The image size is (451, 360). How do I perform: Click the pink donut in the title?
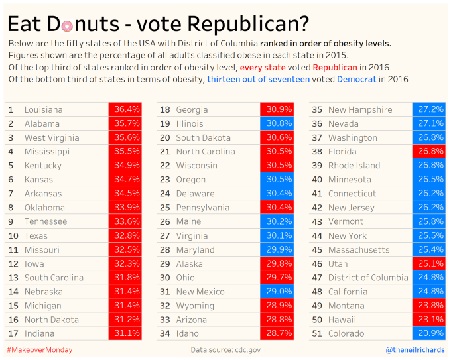[x=67, y=25]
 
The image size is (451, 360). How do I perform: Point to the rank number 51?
[x=316, y=333]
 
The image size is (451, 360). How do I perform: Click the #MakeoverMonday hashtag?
[x=40, y=349]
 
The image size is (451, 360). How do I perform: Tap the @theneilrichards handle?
[x=415, y=349]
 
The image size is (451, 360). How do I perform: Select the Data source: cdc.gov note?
[x=225, y=349]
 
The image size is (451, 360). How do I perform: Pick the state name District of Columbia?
[x=368, y=278]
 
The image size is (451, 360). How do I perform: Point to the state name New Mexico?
[x=200, y=292]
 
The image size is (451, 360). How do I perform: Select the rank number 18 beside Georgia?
[x=165, y=109]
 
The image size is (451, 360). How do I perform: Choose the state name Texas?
[x=36, y=236]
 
